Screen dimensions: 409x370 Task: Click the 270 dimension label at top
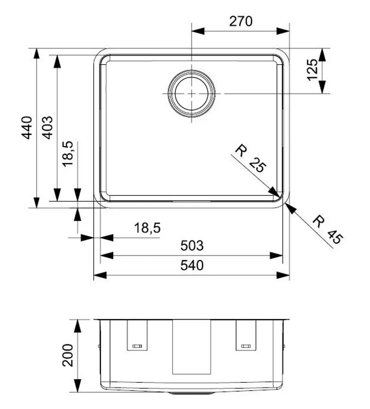(240, 21)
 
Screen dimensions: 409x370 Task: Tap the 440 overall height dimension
(27, 127)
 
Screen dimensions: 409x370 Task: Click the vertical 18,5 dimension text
(68, 154)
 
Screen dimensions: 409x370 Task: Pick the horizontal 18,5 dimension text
(147, 228)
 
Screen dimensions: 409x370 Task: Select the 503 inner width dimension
(191, 246)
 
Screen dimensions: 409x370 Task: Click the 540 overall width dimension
(191, 266)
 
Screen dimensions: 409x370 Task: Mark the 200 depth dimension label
(68, 355)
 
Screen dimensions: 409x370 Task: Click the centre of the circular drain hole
(191, 93)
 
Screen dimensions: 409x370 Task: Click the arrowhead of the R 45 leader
(290, 208)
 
